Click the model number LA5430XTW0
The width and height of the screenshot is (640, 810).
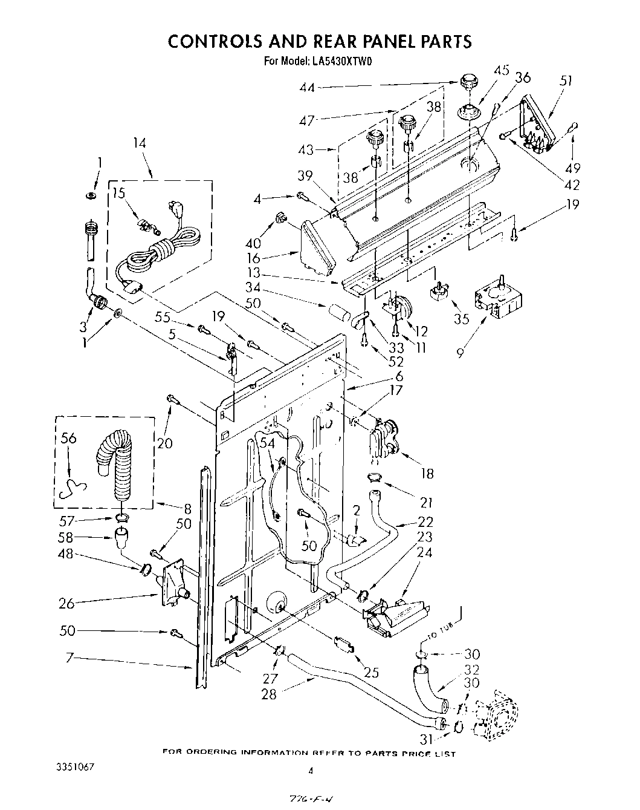coord(337,60)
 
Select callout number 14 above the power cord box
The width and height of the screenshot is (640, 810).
coord(140,143)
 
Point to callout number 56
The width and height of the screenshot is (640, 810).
coord(69,439)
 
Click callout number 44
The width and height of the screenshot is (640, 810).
coord(307,88)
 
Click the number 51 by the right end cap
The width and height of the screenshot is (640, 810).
coord(566,81)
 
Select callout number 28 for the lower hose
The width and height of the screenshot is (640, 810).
coord(268,694)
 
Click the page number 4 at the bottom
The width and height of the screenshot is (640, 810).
coord(311,771)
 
